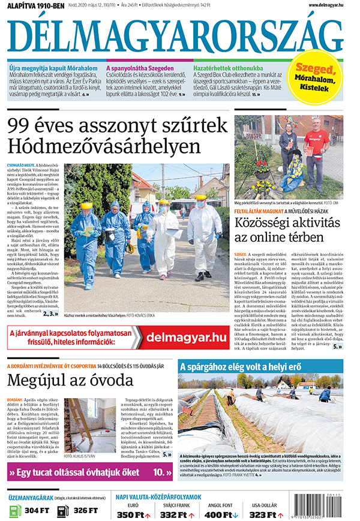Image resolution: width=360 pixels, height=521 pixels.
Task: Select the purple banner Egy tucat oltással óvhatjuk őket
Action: point(90,472)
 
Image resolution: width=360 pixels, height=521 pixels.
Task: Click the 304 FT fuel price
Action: point(36,511)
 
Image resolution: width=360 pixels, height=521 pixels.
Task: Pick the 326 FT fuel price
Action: point(84,511)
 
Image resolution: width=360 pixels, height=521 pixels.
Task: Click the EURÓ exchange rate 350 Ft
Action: point(133,514)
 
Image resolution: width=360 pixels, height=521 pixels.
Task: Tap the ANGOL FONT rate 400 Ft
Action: point(220,514)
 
